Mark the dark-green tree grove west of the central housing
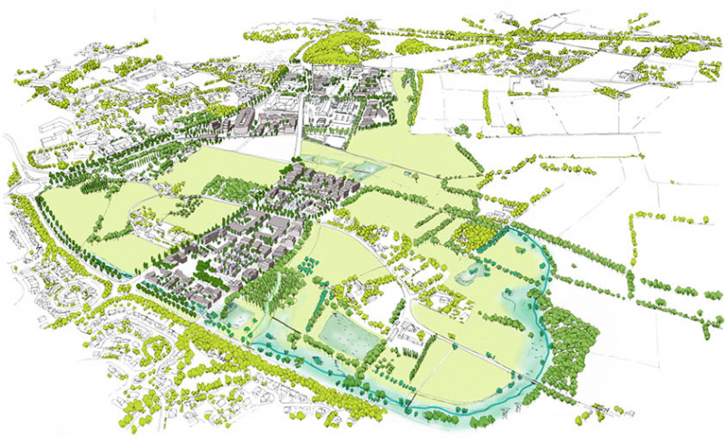click(x=237, y=189)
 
